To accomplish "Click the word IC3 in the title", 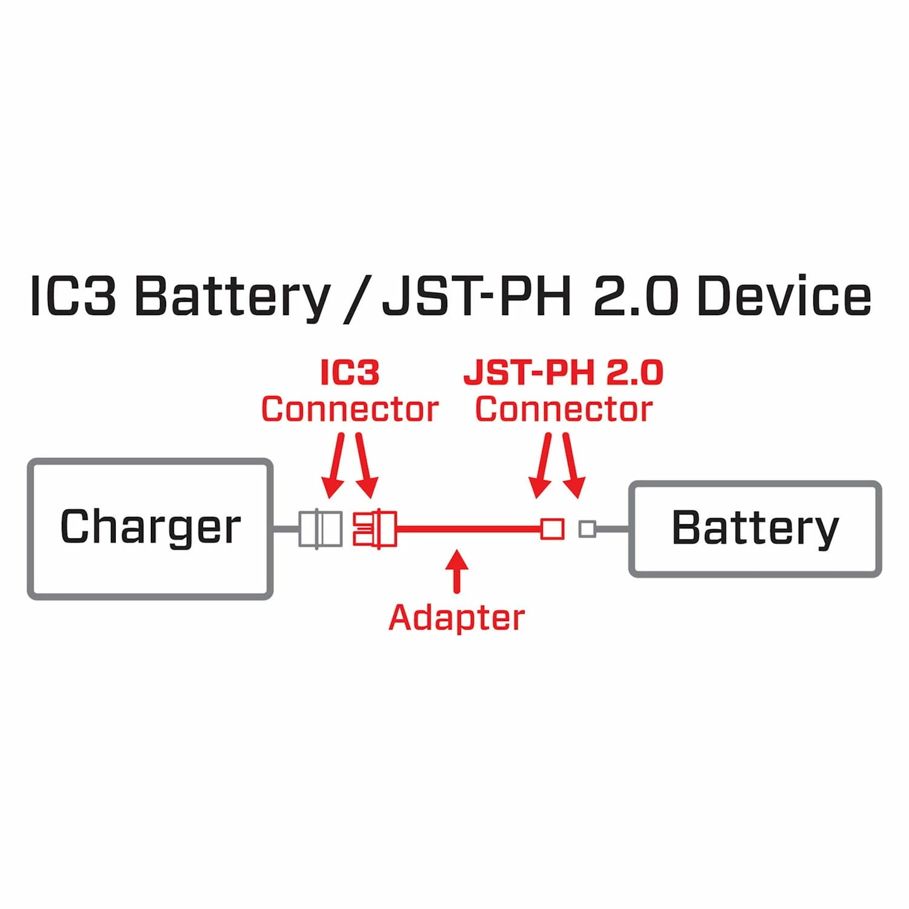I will (73, 296).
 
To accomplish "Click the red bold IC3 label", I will (350, 372).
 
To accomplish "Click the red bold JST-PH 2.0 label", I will (564, 372).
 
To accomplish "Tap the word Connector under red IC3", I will (350, 409).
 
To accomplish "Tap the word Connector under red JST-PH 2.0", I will (564, 409).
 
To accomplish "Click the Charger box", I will (150, 528).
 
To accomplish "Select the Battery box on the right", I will (755, 528).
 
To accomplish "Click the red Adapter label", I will (456, 618).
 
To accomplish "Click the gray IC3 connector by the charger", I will (320, 528).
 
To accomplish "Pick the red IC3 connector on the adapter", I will (375, 528).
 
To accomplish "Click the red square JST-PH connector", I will (552, 528).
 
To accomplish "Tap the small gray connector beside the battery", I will (587, 529).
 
